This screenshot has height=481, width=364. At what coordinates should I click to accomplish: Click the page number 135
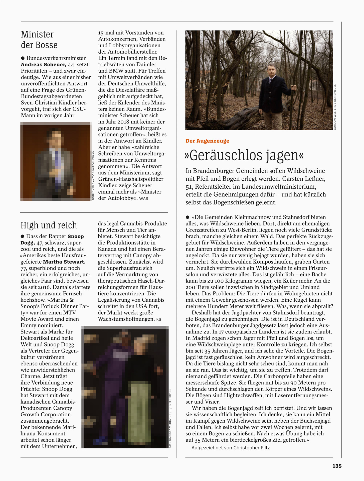337,466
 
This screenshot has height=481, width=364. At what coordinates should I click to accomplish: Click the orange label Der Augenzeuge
207,141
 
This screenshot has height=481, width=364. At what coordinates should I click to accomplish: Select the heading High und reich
49,225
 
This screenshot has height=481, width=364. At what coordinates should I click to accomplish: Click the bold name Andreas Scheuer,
43,64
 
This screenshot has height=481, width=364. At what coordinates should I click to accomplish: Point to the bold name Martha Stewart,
64,262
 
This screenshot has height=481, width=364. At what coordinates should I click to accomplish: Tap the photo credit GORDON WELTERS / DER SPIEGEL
335,107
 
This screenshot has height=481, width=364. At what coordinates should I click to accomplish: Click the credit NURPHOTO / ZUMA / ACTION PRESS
93,175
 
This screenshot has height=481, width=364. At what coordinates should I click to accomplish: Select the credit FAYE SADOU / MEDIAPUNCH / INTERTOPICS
170,418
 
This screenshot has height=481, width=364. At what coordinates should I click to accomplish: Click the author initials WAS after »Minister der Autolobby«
144,198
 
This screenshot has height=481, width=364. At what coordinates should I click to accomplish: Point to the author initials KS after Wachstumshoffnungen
159,319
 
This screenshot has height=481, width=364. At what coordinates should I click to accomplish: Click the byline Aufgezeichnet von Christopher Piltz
231,448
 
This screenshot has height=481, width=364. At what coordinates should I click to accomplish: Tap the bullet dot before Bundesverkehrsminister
23,58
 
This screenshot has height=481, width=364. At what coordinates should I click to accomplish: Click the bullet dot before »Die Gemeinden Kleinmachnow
188,217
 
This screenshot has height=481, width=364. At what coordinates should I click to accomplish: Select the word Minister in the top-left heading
37,34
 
